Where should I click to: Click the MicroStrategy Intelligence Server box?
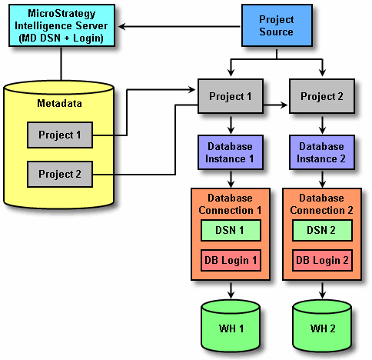[61, 25]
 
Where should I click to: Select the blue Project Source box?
[277, 25]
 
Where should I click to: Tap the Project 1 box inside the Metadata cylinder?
[60, 135]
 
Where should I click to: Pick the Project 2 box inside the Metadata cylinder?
[60, 174]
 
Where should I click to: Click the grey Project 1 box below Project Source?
[231, 96]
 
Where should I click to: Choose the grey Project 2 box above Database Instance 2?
[322, 96]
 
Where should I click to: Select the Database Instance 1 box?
[231, 152]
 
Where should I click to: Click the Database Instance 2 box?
[322, 152]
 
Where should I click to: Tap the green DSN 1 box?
[231, 230]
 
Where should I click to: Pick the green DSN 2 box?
[322, 230]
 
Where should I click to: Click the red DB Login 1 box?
[231, 260]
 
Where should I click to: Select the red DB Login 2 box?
[322, 260]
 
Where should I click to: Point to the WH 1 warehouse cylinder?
[231, 326]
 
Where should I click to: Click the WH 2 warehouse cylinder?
[322, 326]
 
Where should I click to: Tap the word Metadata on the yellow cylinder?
[59, 103]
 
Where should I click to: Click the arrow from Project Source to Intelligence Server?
[179, 26]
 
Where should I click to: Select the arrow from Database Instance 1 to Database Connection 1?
[231, 179]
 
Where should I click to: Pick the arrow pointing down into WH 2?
[322, 291]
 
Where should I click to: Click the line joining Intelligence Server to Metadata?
[61, 64]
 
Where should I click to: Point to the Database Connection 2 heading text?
[321, 204]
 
